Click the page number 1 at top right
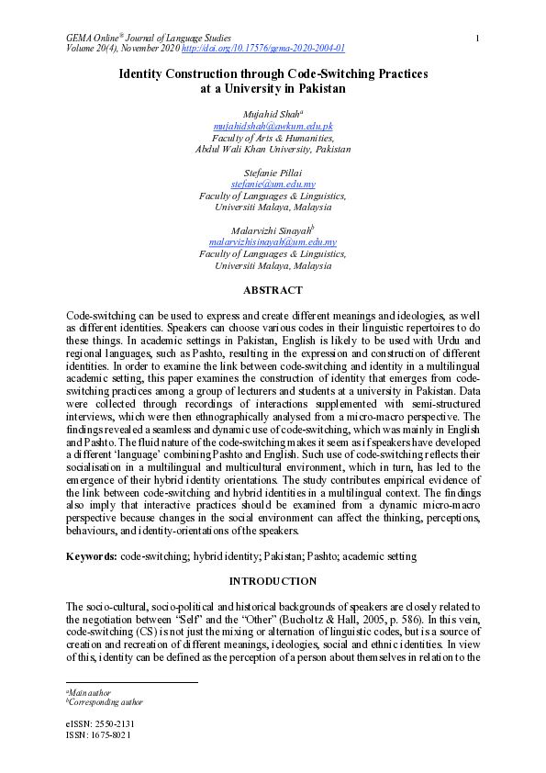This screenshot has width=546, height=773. point(478,38)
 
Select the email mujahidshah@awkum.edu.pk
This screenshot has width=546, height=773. point(273,125)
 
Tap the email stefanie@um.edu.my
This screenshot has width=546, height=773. point(273,185)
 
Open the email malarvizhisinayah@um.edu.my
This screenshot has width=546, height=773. point(273,243)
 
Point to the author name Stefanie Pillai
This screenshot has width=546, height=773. point(273,173)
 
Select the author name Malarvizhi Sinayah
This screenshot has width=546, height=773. point(272,231)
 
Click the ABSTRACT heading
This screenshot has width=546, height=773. point(273,290)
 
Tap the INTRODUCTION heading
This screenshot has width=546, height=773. point(273,581)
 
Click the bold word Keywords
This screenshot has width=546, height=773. point(92,556)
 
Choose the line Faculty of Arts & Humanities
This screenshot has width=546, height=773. point(273,137)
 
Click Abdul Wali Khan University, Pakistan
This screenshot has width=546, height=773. point(273,149)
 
